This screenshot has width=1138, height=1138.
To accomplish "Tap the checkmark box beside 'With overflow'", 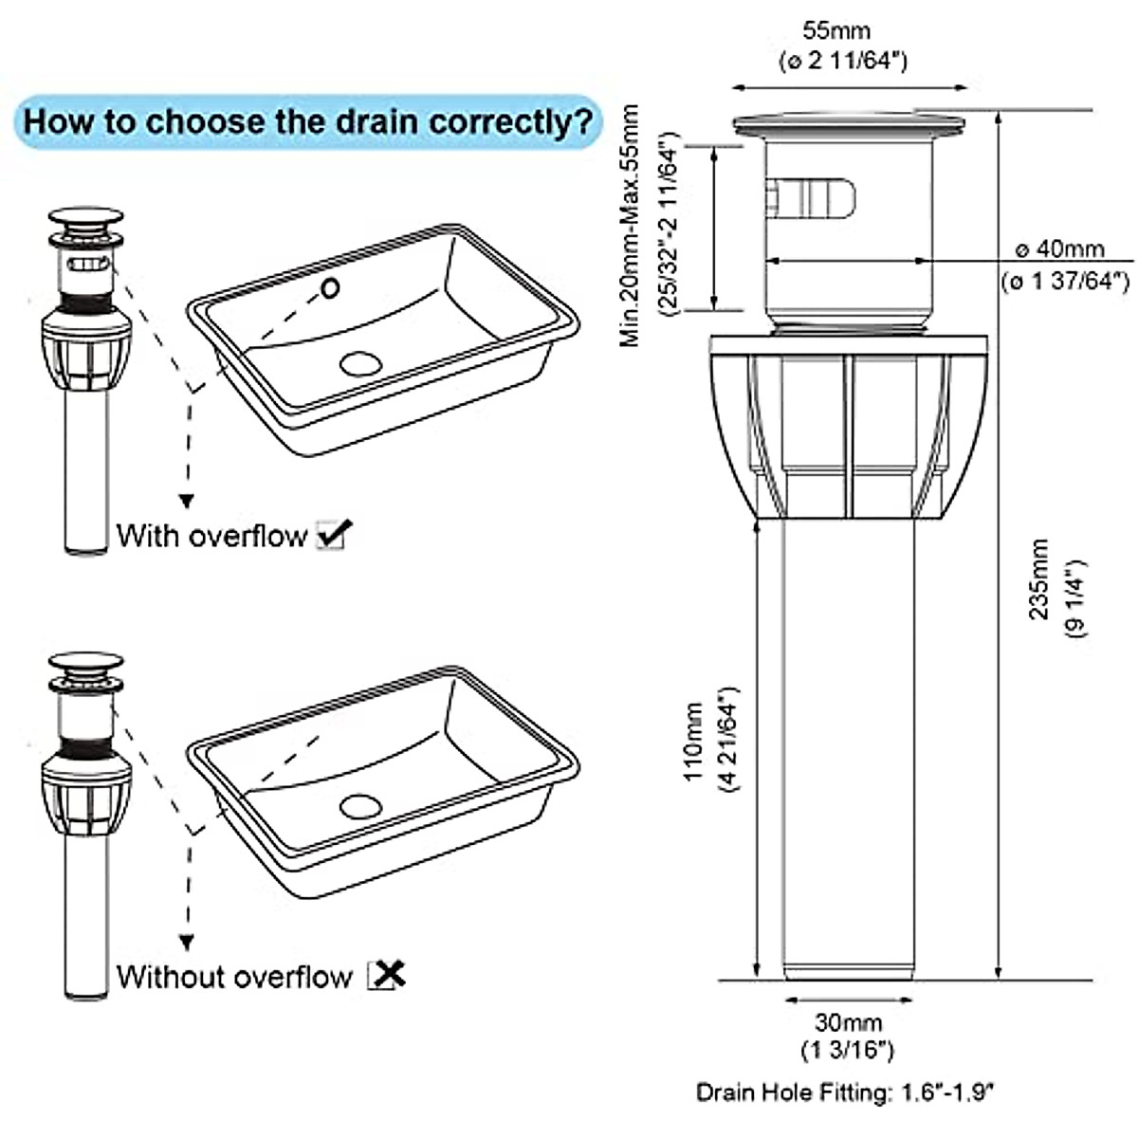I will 331,536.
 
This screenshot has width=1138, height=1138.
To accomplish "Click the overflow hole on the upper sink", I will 330,286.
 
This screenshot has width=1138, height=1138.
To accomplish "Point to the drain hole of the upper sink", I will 359,362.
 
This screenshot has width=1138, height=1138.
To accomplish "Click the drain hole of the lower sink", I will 360,806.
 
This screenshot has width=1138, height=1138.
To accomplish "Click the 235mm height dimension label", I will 1040,578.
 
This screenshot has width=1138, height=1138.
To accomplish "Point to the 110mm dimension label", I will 694,742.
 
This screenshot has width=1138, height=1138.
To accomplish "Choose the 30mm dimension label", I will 848,1023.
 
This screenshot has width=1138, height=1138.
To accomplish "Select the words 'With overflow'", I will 211,536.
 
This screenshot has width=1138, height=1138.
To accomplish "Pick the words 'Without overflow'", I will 234,976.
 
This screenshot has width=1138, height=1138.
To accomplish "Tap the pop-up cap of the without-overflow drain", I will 86,661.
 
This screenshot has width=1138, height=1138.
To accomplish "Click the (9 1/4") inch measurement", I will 1077,599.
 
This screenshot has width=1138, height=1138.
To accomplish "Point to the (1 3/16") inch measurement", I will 848,1050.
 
